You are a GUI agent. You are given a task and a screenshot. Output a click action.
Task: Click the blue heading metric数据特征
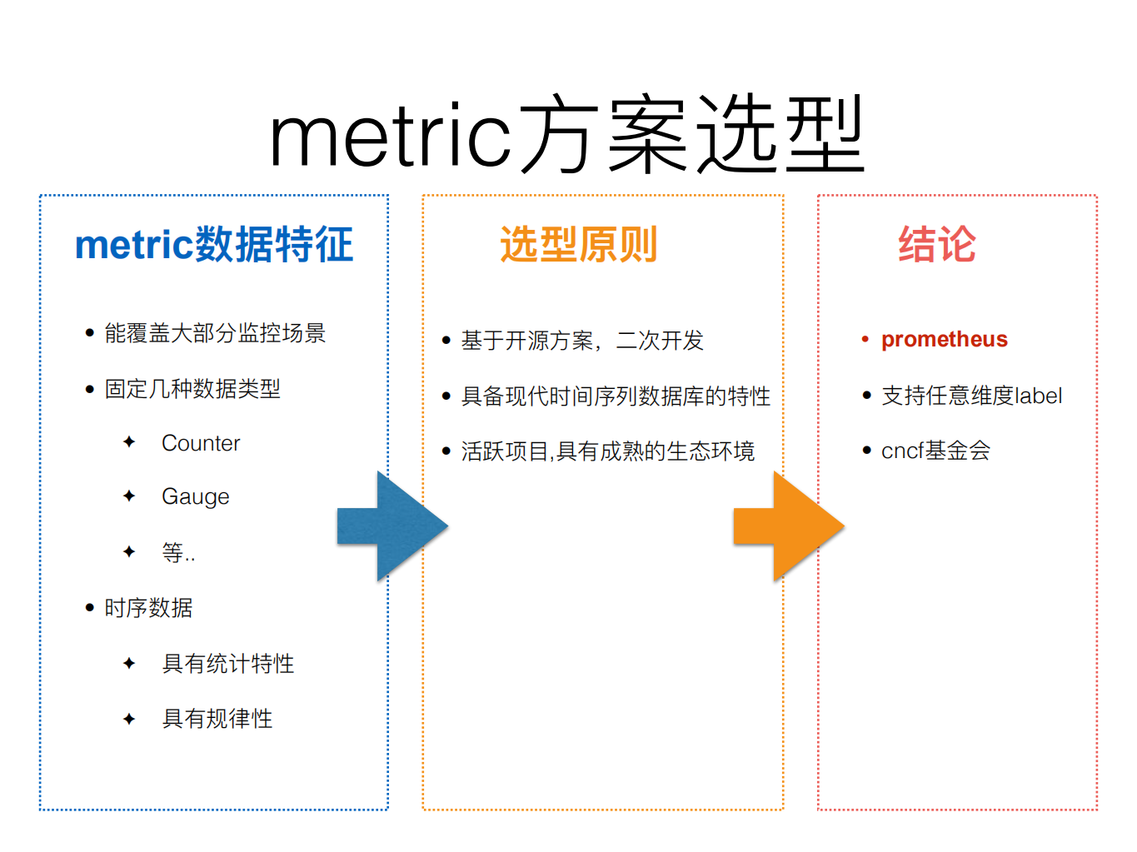point(214,245)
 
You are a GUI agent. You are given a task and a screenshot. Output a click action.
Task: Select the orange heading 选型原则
point(578,245)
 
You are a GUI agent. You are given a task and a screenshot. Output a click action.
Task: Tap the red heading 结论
point(936,245)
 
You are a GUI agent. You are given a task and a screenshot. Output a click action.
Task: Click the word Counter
point(201,443)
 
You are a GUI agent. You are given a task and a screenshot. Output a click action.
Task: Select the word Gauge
point(195,497)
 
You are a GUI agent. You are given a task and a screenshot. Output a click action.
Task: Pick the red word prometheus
point(944,340)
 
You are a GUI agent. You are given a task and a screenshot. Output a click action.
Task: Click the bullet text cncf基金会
point(935,451)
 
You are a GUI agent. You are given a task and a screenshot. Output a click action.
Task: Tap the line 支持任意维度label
point(971,396)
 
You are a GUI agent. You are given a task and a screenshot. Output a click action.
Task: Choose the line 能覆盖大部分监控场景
point(215,333)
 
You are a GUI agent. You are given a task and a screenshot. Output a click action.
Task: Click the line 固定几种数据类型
point(192,389)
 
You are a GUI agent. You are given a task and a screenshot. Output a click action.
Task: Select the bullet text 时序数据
point(148,608)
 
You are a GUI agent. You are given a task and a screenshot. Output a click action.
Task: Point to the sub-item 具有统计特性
point(227,664)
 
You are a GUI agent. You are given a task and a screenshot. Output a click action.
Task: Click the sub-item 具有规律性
point(217,719)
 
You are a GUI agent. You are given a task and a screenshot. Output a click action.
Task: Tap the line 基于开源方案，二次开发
point(582,341)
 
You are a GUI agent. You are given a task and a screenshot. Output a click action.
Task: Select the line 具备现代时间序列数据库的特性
point(616,396)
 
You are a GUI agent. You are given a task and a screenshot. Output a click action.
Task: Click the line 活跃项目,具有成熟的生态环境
point(608,451)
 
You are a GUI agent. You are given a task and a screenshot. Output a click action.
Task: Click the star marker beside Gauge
point(129,496)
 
